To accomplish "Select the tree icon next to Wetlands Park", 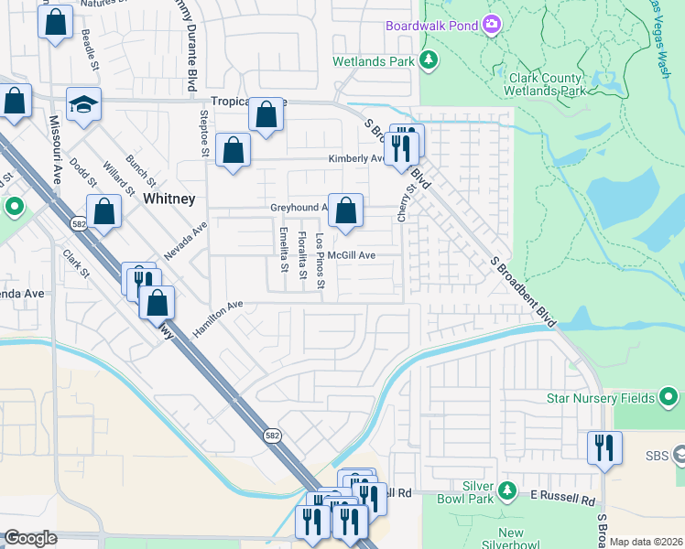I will tap(429, 60).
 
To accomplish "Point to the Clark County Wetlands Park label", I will tap(545, 85).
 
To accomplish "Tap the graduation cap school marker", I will tap(83, 105).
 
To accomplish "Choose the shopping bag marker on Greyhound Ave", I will tap(345, 211).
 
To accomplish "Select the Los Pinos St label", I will tap(320, 261).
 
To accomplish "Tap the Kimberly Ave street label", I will tap(356, 158).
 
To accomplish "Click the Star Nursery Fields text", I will tap(600, 398).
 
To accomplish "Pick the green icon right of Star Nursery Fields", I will tap(669, 397).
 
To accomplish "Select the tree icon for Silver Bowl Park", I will tap(507, 491).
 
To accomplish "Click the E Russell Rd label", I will tap(563, 501).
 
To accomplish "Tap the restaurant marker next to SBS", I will tap(603, 447).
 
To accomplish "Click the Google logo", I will tap(29, 538).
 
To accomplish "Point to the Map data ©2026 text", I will tap(646, 542).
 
